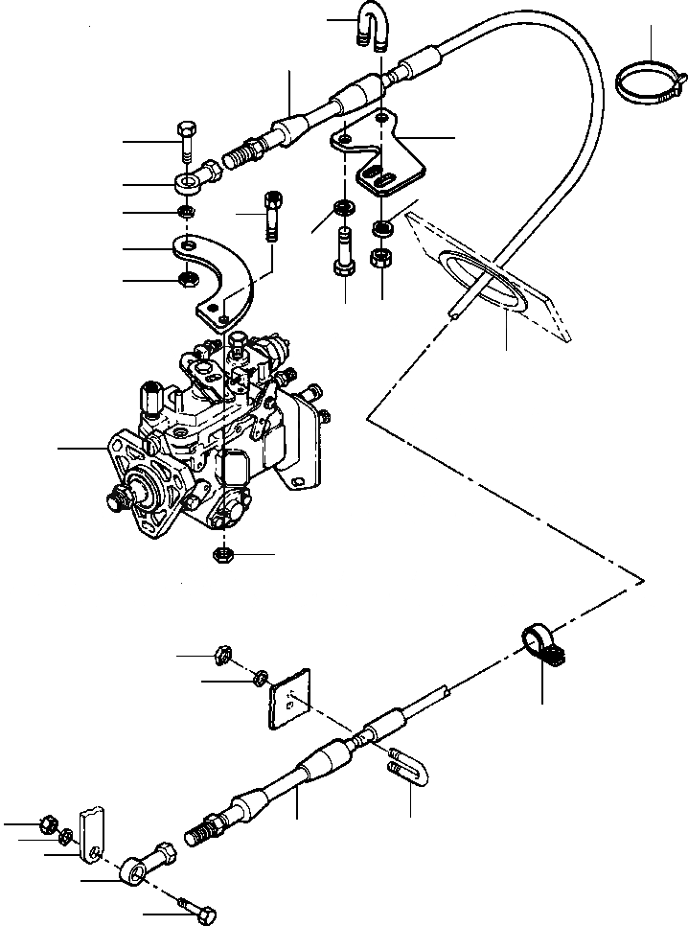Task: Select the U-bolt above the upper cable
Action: coord(370,26)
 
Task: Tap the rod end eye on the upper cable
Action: coord(192,178)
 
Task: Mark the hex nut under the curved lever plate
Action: coord(187,281)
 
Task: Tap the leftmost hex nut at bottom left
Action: coord(47,823)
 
